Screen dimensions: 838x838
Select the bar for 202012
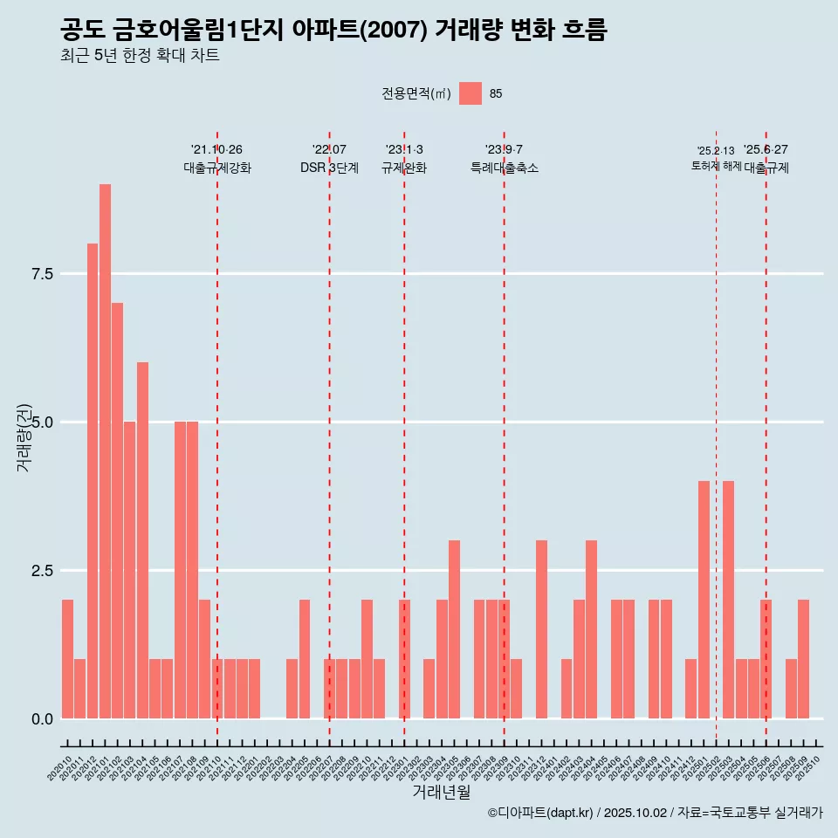click(93, 481)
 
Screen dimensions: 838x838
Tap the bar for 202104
click(142, 540)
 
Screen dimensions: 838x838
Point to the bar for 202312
click(541, 629)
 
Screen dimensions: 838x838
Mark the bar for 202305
click(454, 629)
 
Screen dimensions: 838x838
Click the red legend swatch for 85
click(471, 93)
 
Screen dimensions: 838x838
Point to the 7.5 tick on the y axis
click(43, 274)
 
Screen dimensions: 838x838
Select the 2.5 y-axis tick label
click(43, 571)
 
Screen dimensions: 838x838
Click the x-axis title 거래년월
click(441, 793)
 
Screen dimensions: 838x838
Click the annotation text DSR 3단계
click(329, 168)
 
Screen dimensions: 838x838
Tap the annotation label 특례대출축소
click(504, 168)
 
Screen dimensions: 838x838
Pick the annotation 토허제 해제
click(716, 166)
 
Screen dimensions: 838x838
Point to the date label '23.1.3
click(404, 149)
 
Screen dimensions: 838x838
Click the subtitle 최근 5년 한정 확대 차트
click(140, 56)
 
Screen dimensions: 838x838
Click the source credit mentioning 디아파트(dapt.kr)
click(655, 814)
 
